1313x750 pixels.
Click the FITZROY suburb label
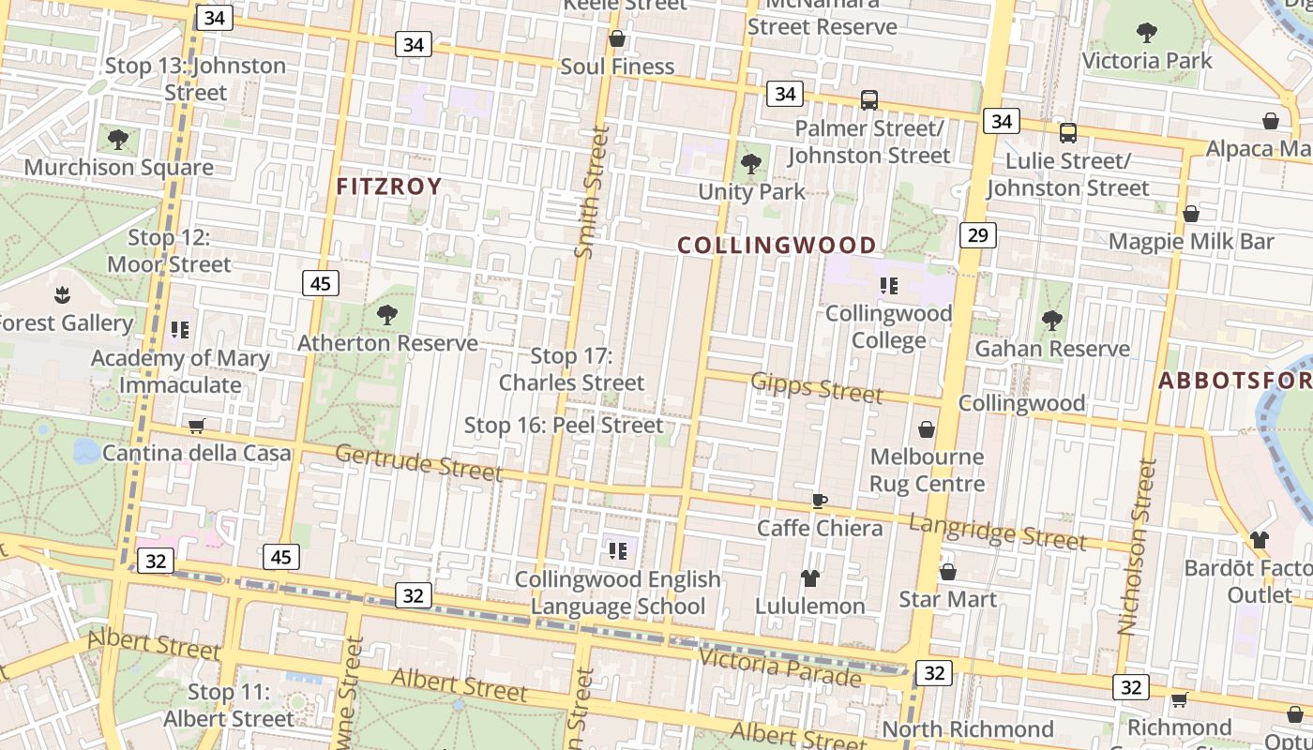click(x=389, y=187)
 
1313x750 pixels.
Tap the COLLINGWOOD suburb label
click(x=777, y=246)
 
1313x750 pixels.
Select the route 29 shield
click(x=977, y=234)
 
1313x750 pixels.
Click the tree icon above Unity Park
click(x=750, y=165)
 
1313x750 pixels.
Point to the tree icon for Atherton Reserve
click(x=386, y=315)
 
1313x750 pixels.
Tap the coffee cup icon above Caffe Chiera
click(x=820, y=501)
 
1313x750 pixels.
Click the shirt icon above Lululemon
click(x=809, y=578)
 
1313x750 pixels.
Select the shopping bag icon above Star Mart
click(x=947, y=572)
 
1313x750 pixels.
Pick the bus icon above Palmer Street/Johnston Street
click(x=869, y=100)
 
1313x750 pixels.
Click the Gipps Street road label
click(x=817, y=386)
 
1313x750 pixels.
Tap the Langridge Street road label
click(x=998, y=532)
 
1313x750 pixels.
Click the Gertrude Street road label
click(x=418, y=461)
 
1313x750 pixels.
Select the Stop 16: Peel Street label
click(x=564, y=426)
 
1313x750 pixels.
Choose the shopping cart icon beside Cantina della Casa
click(x=196, y=427)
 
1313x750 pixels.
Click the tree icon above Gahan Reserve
click(x=1052, y=321)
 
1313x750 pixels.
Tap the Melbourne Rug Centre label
click(x=927, y=471)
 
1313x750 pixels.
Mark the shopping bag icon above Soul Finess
click(x=617, y=39)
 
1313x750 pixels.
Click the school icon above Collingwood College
click(x=888, y=286)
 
